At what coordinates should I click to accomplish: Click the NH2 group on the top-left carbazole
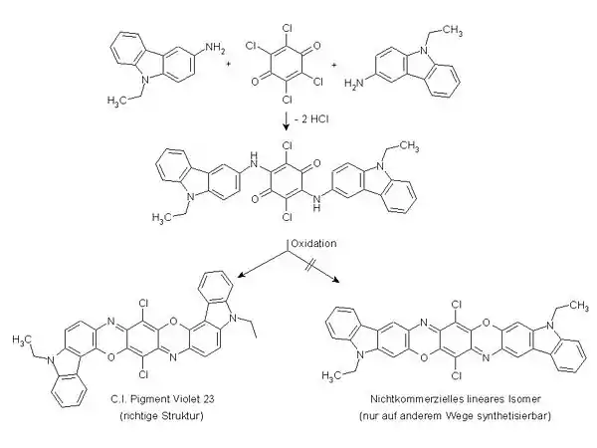click(216, 49)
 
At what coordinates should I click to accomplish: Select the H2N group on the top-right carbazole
click(354, 84)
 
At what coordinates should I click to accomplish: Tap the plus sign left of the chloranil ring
click(229, 64)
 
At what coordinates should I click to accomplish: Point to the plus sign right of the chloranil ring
click(334, 65)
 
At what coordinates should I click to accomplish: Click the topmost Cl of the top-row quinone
click(288, 28)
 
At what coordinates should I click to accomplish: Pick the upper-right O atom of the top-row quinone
click(316, 47)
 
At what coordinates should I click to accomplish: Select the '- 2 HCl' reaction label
click(311, 119)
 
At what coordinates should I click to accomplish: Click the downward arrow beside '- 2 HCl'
click(287, 121)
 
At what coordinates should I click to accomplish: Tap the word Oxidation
click(313, 244)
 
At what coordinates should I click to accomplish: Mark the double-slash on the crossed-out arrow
click(308, 265)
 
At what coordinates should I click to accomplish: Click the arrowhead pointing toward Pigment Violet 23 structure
click(240, 275)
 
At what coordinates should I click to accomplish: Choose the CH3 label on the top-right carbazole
click(452, 30)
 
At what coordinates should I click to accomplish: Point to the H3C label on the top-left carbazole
click(117, 102)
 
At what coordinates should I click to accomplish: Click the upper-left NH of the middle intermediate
click(253, 160)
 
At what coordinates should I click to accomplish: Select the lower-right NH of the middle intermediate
click(316, 203)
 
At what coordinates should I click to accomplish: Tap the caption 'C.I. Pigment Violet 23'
click(162, 399)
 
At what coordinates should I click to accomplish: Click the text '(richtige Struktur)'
click(162, 415)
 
